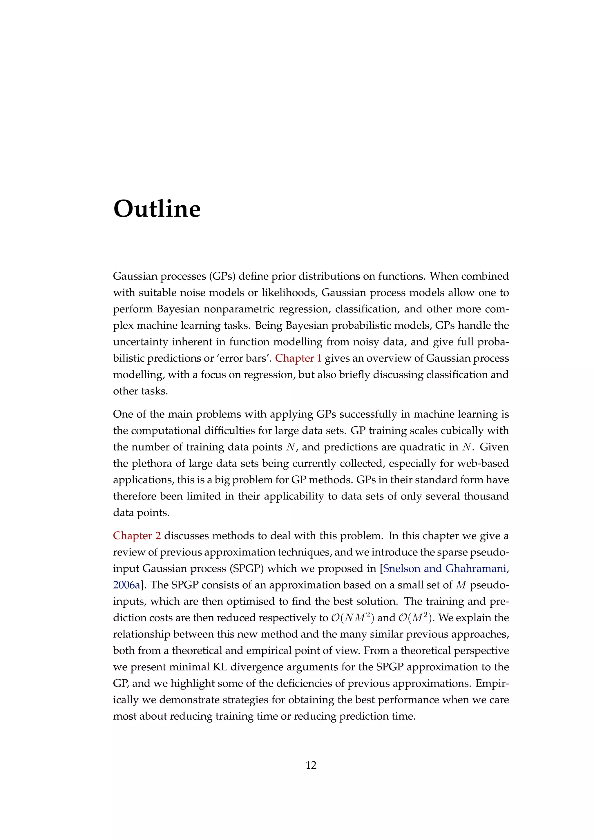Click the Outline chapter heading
(157, 209)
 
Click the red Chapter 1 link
(298, 358)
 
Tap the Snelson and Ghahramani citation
(444, 569)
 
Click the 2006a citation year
(126, 585)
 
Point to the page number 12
(311, 765)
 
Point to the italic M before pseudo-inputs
(461, 585)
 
